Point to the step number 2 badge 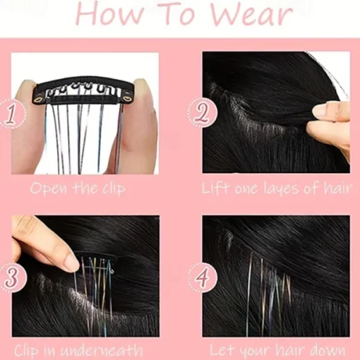click(202, 113)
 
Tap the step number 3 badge click(11, 277)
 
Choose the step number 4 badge click(202, 277)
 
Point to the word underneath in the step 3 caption click(102, 351)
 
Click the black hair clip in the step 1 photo click(83, 90)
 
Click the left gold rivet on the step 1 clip click(38, 100)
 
